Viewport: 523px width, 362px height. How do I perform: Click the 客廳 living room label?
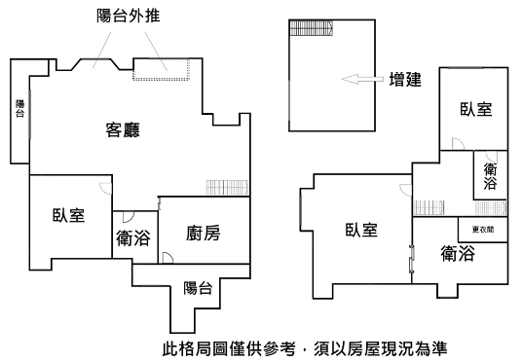click(x=123, y=130)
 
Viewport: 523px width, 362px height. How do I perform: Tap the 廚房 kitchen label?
click(x=204, y=233)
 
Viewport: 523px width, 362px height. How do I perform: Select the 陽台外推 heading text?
click(x=129, y=16)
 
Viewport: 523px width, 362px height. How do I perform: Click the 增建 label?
click(x=405, y=80)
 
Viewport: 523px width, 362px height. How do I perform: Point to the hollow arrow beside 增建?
click(x=362, y=80)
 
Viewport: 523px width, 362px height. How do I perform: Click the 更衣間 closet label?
click(x=483, y=230)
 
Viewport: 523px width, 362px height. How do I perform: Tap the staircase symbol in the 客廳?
click(x=228, y=188)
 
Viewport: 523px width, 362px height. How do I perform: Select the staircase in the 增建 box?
click(x=312, y=28)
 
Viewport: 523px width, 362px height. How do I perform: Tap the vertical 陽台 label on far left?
click(x=20, y=108)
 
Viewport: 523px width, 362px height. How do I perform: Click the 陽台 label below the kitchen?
click(x=198, y=288)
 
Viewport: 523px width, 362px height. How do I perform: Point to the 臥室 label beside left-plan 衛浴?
click(x=69, y=215)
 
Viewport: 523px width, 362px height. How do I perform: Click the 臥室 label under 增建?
click(x=476, y=109)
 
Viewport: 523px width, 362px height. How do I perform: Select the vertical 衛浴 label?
click(x=490, y=176)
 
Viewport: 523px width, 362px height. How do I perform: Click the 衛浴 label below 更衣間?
click(x=458, y=254)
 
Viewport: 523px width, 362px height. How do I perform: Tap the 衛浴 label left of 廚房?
click(x=133, y=238)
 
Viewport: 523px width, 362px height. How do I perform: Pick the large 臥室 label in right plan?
click(x=361, y=230)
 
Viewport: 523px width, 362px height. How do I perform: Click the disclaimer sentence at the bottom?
click(x=305, y=348)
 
